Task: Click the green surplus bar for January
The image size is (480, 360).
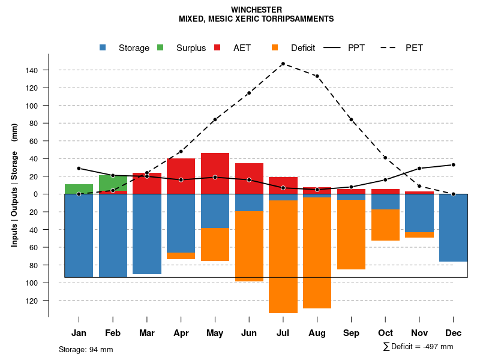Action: click(79, 189)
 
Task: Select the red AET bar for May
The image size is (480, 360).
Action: click(215, 173)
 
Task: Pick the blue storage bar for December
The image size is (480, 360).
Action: click(453, 228)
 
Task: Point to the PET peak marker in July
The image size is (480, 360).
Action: click(283, 64)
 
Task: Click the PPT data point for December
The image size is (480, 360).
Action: click(454, 164)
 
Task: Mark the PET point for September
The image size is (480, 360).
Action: click(351, 119)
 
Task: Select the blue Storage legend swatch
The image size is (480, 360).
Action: click(103, 48)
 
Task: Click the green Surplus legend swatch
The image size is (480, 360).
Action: click(160, 48)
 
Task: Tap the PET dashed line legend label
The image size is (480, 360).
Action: click(414, 48)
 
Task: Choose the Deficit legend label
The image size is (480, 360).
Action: click(303, 48)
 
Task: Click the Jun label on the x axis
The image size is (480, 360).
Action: click(249, 333)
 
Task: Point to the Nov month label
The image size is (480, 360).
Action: click(419, 333)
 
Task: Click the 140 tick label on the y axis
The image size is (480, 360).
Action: click(31, 71)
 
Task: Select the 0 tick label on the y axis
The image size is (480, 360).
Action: click(35, 194)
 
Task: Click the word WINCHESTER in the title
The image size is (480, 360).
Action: click(256, 10)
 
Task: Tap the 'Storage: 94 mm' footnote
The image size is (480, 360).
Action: click(86, 349)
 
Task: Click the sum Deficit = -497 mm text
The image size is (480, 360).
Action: click(418, 347)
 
